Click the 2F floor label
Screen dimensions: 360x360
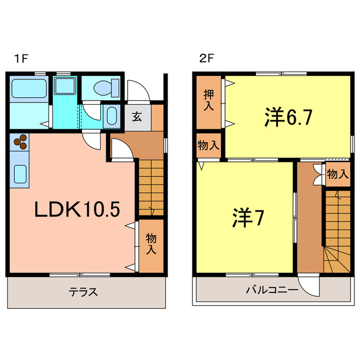point(204,57)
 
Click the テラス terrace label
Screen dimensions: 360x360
point(84,292)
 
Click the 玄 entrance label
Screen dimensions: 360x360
point(137,117)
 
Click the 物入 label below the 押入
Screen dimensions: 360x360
point(209,145)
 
